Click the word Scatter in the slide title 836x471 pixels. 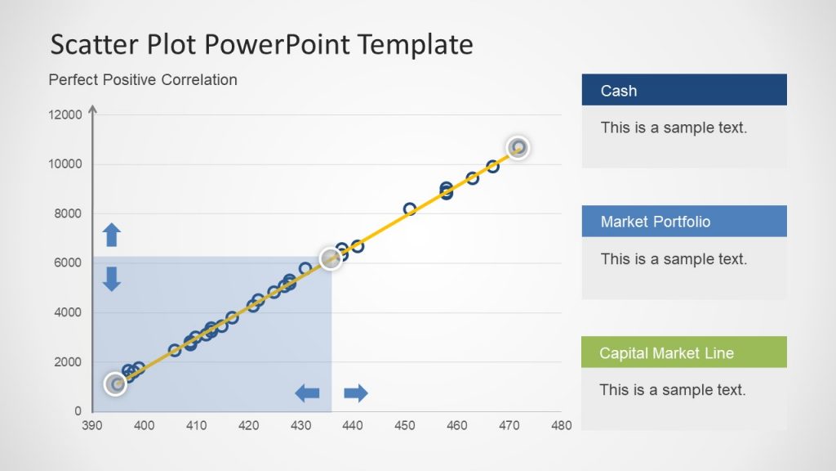click(95, 44)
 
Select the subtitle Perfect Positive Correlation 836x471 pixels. click(143, 80)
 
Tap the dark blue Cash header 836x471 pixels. click(684, 90)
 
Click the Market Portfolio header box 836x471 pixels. click(684, 221)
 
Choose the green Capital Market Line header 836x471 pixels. click(684, 352)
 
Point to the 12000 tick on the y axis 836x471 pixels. click(65, 114)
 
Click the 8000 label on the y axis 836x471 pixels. click(68, 213)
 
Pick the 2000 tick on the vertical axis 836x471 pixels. click(68, 362)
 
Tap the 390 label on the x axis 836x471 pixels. click(91, 425)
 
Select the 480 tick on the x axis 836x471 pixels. click(562, 425)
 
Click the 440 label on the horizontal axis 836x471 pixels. click(353, 425)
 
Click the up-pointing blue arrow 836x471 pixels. click(111, 235)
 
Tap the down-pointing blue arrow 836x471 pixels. click(111, 279)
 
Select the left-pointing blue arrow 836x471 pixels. click(307, 393)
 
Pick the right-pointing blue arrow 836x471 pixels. click(356, 393)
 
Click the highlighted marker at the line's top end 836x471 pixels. click(518, 147)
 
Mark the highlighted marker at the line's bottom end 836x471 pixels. click(115, 384)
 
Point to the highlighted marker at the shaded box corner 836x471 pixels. click(331, 259)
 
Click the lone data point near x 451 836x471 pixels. click(410, 209)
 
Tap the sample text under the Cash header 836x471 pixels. click(674, 128)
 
